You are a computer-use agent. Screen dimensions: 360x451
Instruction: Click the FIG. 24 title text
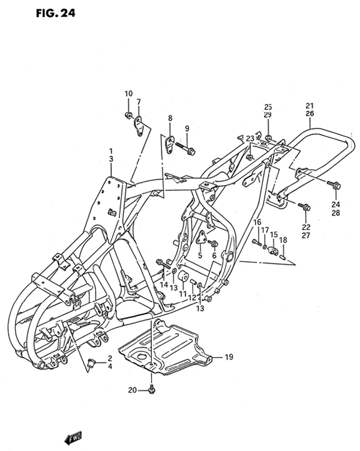click(x=55, y=13)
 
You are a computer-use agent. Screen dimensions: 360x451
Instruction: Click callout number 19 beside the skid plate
click(x=229, y=357)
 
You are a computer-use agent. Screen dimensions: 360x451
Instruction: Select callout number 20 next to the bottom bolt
click(x=133, y=390)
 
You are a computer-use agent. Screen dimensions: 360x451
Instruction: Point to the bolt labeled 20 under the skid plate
click(x=152, y=390)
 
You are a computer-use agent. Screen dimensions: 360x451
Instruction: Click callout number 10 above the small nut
click(x=128, y=94)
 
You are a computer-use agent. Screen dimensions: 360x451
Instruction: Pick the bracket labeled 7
click(x=139, y=126)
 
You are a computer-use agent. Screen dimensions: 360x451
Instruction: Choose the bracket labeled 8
click(x=170, y=144)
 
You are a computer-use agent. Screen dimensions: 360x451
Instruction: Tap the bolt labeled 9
click(x=185, y=148)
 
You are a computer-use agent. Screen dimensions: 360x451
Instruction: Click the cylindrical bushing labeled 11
click(x=183, y=276)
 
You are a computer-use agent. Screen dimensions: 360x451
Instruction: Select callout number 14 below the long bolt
click(x=164, y=285)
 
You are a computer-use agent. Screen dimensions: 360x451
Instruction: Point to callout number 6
click(x=214, y=255)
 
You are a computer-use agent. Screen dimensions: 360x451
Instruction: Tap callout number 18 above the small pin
click(x=283, y=240)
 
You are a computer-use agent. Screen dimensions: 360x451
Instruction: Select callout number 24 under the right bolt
click(x=335, y=205)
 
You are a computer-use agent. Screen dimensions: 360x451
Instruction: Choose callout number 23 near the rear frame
click(x=250, y=138)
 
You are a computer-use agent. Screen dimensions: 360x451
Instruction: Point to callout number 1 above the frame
click(x=111, y=151)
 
